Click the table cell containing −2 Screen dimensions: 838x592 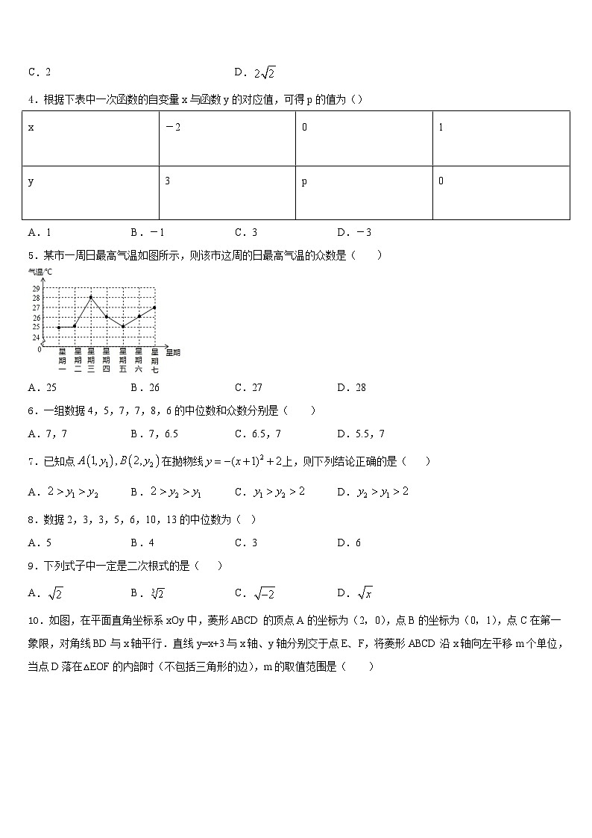pos(227,138)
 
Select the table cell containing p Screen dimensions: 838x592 pos(364,193)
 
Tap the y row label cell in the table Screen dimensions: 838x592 pos(90,193)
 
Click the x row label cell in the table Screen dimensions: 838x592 pos(90,138)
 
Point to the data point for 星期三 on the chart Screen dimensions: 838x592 pos(90,297)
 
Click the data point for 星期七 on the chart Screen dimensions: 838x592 pos(154,307)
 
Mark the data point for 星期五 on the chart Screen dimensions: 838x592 pos(122,327)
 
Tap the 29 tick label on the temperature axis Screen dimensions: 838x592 pos(36,288)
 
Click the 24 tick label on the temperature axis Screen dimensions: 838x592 pos(36,337)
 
